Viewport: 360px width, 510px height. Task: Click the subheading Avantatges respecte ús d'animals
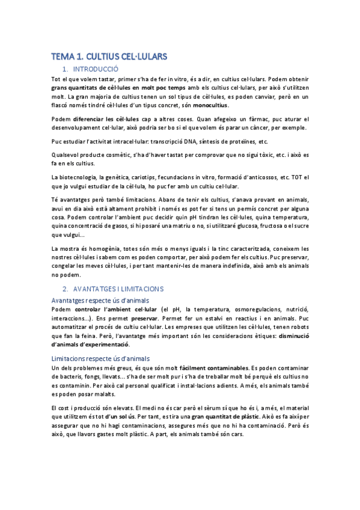point(100,300)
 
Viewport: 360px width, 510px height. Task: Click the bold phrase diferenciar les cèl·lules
point(105,118)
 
